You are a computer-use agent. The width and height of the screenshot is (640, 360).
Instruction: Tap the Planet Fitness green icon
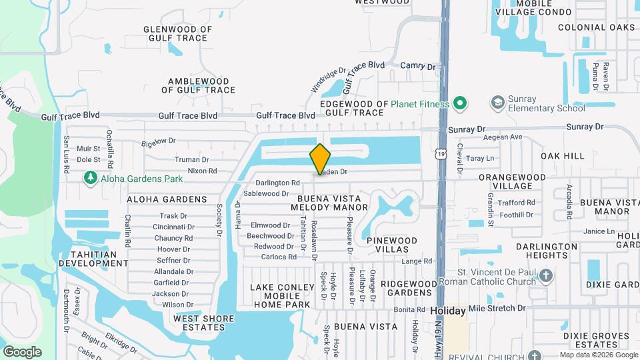tap(459, 103)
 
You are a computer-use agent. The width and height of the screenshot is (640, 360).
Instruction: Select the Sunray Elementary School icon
tap(497, 103)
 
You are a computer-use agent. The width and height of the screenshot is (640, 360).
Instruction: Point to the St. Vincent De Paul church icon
tap(545, 276)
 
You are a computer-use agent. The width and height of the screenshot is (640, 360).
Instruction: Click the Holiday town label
tap(447, 311)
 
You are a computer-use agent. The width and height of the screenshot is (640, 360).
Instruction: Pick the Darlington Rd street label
tap(277, 183)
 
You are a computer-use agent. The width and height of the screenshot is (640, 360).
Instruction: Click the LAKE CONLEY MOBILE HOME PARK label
tap(281, 296)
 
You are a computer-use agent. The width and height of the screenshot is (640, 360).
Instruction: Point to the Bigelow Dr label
tap(158, 141)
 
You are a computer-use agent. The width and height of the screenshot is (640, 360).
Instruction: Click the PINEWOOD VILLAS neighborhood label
tap(391, 245)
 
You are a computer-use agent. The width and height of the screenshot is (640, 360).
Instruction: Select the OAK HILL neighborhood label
tap(563, 155)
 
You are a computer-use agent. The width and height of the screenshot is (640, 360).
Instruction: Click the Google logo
tap(22, 351)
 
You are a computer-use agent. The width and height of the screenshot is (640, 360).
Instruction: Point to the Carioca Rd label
tap(279, 257)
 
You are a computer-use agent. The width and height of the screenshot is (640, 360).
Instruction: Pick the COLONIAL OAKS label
tap(597, 27)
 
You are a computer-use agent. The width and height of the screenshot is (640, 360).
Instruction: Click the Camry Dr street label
tap(417, 66)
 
